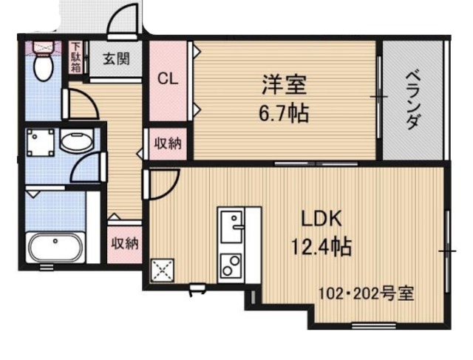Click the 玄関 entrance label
click(116, 58)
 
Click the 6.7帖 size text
click(284, 114)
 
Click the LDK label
click(320, 219)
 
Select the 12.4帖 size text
click(320, 245)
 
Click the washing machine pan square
click(41, 143)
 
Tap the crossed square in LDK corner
click(162, 270)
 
